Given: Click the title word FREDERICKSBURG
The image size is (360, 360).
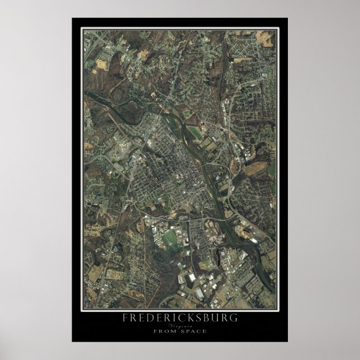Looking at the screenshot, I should point(179,318).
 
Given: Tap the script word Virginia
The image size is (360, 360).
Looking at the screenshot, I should point(179,324).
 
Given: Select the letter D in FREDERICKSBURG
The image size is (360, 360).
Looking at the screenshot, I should point(149,318).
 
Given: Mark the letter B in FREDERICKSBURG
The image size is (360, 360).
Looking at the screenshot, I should point(205,318).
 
